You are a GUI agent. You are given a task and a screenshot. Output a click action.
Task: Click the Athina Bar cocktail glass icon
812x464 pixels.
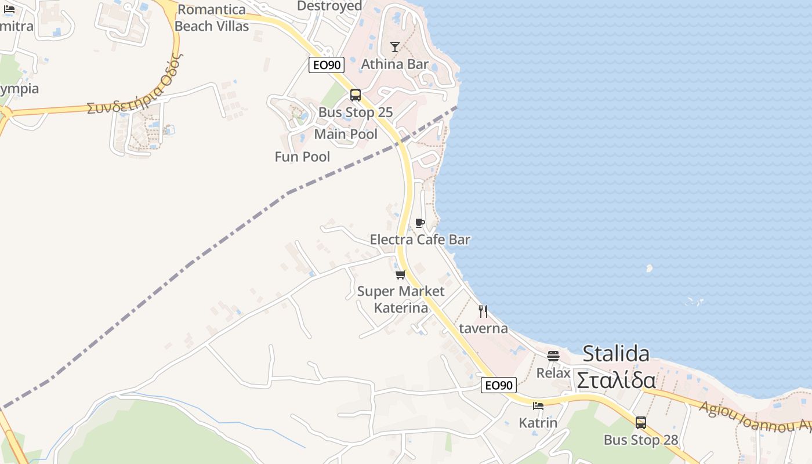[x=395, y=46]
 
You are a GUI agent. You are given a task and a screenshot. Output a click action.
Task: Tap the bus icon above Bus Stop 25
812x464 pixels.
[x=356, y=95]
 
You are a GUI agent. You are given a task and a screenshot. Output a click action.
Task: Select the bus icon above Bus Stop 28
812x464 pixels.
[x=641, y=423]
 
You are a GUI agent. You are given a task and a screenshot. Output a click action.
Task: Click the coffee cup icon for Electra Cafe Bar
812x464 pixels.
[x=420, y=223]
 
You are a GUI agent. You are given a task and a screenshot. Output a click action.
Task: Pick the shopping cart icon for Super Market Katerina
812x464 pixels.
[x=400, y=274]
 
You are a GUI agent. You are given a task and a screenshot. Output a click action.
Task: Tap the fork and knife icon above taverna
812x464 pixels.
[x=483, y=311]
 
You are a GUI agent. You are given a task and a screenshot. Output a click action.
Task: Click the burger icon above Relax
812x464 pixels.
[x=553, y=356]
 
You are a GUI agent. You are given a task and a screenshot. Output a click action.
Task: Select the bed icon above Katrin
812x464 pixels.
[x=538, y=406]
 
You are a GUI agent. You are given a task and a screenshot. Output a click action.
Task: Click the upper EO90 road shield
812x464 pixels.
[x=327, y=65]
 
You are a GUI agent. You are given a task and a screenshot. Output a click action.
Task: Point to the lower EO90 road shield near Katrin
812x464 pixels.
[x=498, y=385]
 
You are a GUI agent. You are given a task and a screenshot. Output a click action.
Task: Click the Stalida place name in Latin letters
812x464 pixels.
[x=616, y=353]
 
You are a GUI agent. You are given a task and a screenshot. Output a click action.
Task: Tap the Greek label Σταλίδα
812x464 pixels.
[x=616, y=380]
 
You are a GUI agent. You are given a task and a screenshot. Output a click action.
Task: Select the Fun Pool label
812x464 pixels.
[x=302, y=157]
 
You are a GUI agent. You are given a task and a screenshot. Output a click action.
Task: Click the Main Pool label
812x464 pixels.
[x=346, y=135]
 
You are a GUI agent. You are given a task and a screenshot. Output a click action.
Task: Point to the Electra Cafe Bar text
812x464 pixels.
[x=420, y=240]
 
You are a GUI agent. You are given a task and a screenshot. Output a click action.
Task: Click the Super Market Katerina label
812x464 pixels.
[x=401, y=299]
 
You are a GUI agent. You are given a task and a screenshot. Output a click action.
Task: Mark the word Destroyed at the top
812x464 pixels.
[x=329, y=6]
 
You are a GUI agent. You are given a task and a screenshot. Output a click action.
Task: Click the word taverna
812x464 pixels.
[x=483, y=328]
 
